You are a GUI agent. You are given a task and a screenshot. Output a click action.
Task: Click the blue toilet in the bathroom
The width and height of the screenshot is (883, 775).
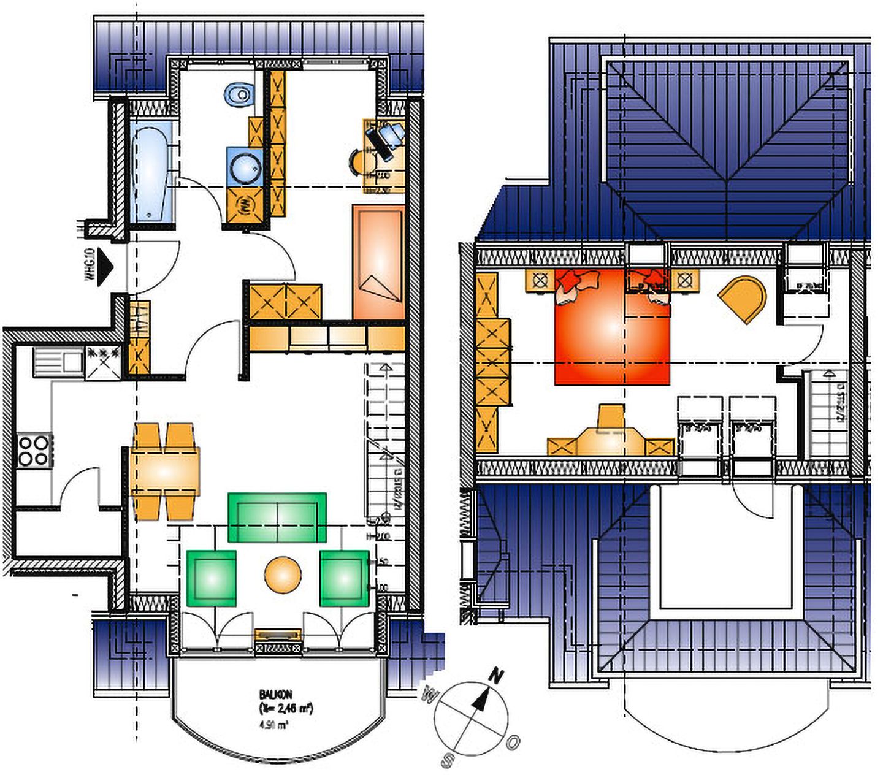tap(239, 94)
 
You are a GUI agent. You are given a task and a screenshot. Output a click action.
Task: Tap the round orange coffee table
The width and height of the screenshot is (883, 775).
tap(283, 575)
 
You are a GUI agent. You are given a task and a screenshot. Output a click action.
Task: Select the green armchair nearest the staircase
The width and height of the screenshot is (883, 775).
tap(344, 578)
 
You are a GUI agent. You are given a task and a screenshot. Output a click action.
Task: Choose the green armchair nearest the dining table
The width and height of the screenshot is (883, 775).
tap(211, 578)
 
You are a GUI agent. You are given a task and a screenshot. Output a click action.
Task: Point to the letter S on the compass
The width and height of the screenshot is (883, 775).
tap(448, 761)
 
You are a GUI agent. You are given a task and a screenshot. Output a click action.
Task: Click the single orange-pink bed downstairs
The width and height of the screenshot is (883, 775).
tap(379, 262)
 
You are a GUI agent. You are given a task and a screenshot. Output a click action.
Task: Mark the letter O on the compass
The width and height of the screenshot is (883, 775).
tap(513, 743)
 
